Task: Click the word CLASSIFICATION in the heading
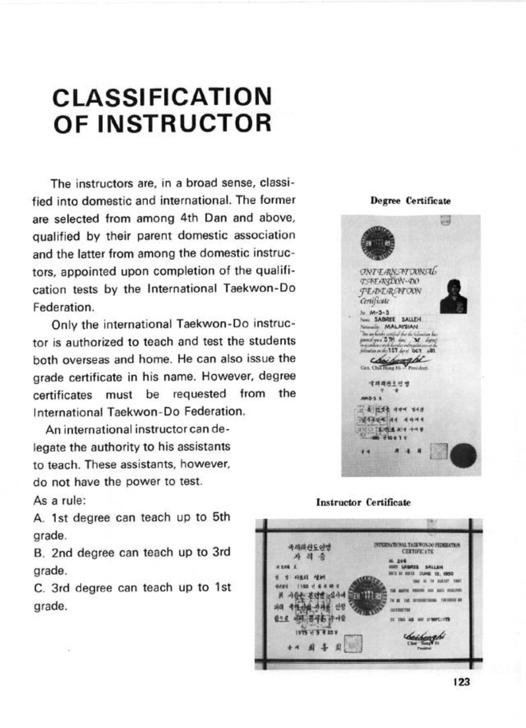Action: [162, 96]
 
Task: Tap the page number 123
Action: [461, 681]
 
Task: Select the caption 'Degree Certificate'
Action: [410, 201]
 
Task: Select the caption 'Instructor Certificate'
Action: [363, 502]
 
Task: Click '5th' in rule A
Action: [221, 517]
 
